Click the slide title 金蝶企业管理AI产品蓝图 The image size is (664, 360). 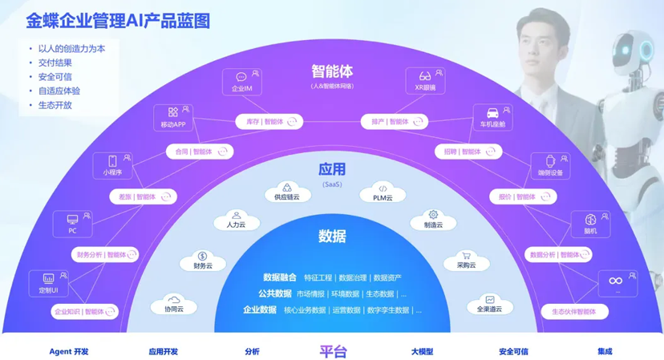118,21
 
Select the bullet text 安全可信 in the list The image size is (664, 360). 55,77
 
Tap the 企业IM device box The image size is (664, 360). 242,82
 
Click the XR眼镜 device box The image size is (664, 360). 426,81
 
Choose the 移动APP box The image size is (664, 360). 173,118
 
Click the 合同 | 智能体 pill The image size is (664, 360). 200,152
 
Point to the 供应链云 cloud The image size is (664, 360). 287,192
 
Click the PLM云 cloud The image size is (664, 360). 383,193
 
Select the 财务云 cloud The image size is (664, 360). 203,261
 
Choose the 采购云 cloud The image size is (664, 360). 466,261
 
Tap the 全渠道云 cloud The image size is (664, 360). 489,305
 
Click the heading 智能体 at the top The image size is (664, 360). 332,72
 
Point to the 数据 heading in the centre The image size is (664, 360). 332,236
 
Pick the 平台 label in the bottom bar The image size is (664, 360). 333,351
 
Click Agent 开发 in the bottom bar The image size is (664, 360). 69,351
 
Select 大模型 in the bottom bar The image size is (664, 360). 422,351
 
